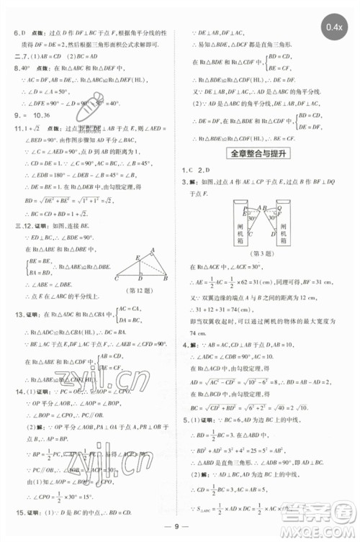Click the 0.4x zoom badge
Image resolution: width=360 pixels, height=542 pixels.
(336, 27)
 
